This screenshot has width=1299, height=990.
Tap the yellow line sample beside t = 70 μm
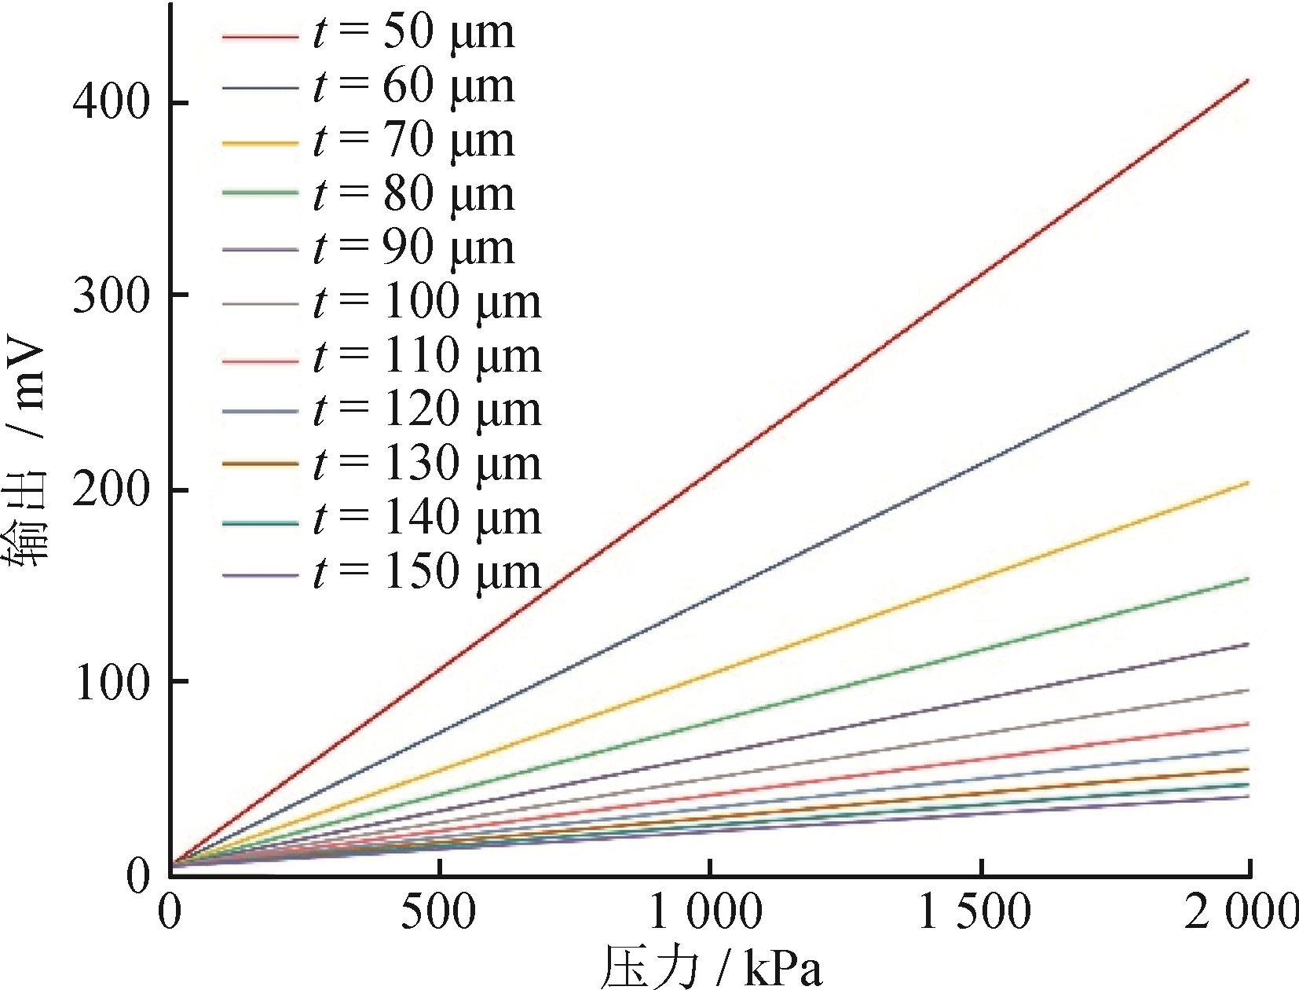(260, 144)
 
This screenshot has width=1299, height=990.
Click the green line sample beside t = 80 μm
(260, 192)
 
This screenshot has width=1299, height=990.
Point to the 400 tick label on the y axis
(110, 103)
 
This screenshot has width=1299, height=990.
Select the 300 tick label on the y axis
(110, 295)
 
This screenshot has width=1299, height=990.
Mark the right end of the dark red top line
(1248, 80)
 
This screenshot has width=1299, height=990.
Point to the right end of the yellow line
(1248, 482)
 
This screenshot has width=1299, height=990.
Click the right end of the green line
(1248, 579)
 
